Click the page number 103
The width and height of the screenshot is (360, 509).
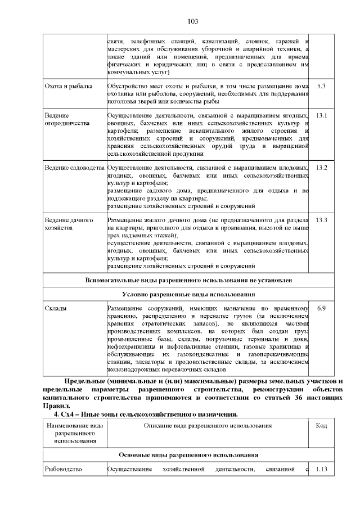192,21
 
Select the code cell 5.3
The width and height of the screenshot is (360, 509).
322,86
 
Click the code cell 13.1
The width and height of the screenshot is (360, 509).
322,115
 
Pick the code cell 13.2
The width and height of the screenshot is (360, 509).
322,168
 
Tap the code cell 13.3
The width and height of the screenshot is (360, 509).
322,219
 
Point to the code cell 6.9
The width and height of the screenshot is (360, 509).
322,308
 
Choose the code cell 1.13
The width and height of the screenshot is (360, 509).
322,469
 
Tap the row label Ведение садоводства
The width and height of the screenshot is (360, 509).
75,168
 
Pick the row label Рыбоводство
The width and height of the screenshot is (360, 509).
64,469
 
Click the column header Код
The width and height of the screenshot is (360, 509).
322,426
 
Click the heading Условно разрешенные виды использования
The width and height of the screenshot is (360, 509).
188,294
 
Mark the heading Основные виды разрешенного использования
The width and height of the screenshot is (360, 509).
188,454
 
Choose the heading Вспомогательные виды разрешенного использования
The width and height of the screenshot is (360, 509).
188,279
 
